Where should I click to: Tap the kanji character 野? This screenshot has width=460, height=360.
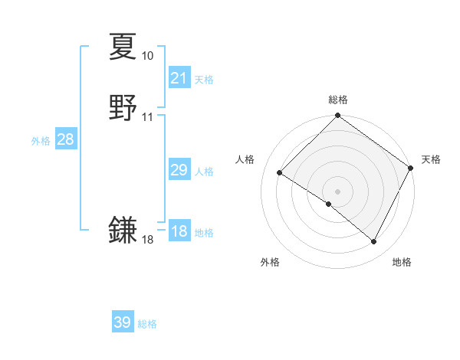coord(123,108)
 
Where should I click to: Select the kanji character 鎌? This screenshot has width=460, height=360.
coord(123,230)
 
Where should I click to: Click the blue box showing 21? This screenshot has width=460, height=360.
coord(179,77)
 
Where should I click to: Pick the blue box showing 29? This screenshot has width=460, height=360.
coord(179,170)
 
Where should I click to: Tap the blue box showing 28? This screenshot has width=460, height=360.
coord(65,139)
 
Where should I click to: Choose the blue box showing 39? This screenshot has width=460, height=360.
coord(123,322)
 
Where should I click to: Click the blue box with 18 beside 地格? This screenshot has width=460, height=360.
coord(179,231)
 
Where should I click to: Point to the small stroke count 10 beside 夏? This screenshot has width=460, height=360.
coord(147,56)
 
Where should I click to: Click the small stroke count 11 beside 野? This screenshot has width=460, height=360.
coord(147,117)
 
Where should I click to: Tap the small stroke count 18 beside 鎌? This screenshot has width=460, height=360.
coord(147,240)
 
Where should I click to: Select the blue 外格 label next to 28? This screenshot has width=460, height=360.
coord(41,141)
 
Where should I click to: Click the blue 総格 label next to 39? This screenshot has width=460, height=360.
coord(147,324)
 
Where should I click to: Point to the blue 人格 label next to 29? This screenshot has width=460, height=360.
coord(204,172)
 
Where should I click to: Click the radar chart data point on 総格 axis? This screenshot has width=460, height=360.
coord(337,116)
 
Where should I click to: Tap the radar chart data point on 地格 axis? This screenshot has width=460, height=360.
coord(374,242)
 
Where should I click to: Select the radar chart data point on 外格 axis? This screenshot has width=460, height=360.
coord(329,204)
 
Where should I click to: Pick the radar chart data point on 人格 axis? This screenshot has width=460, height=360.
coord(280,173)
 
